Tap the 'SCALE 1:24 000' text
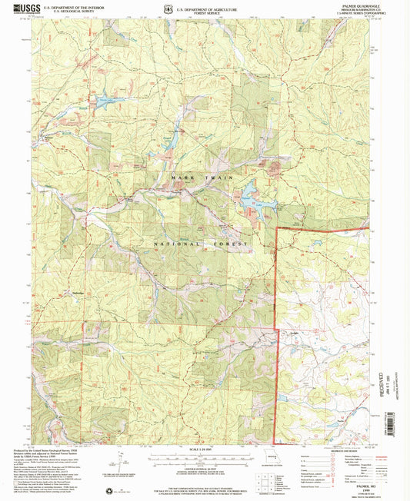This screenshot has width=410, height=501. click(203, 450)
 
